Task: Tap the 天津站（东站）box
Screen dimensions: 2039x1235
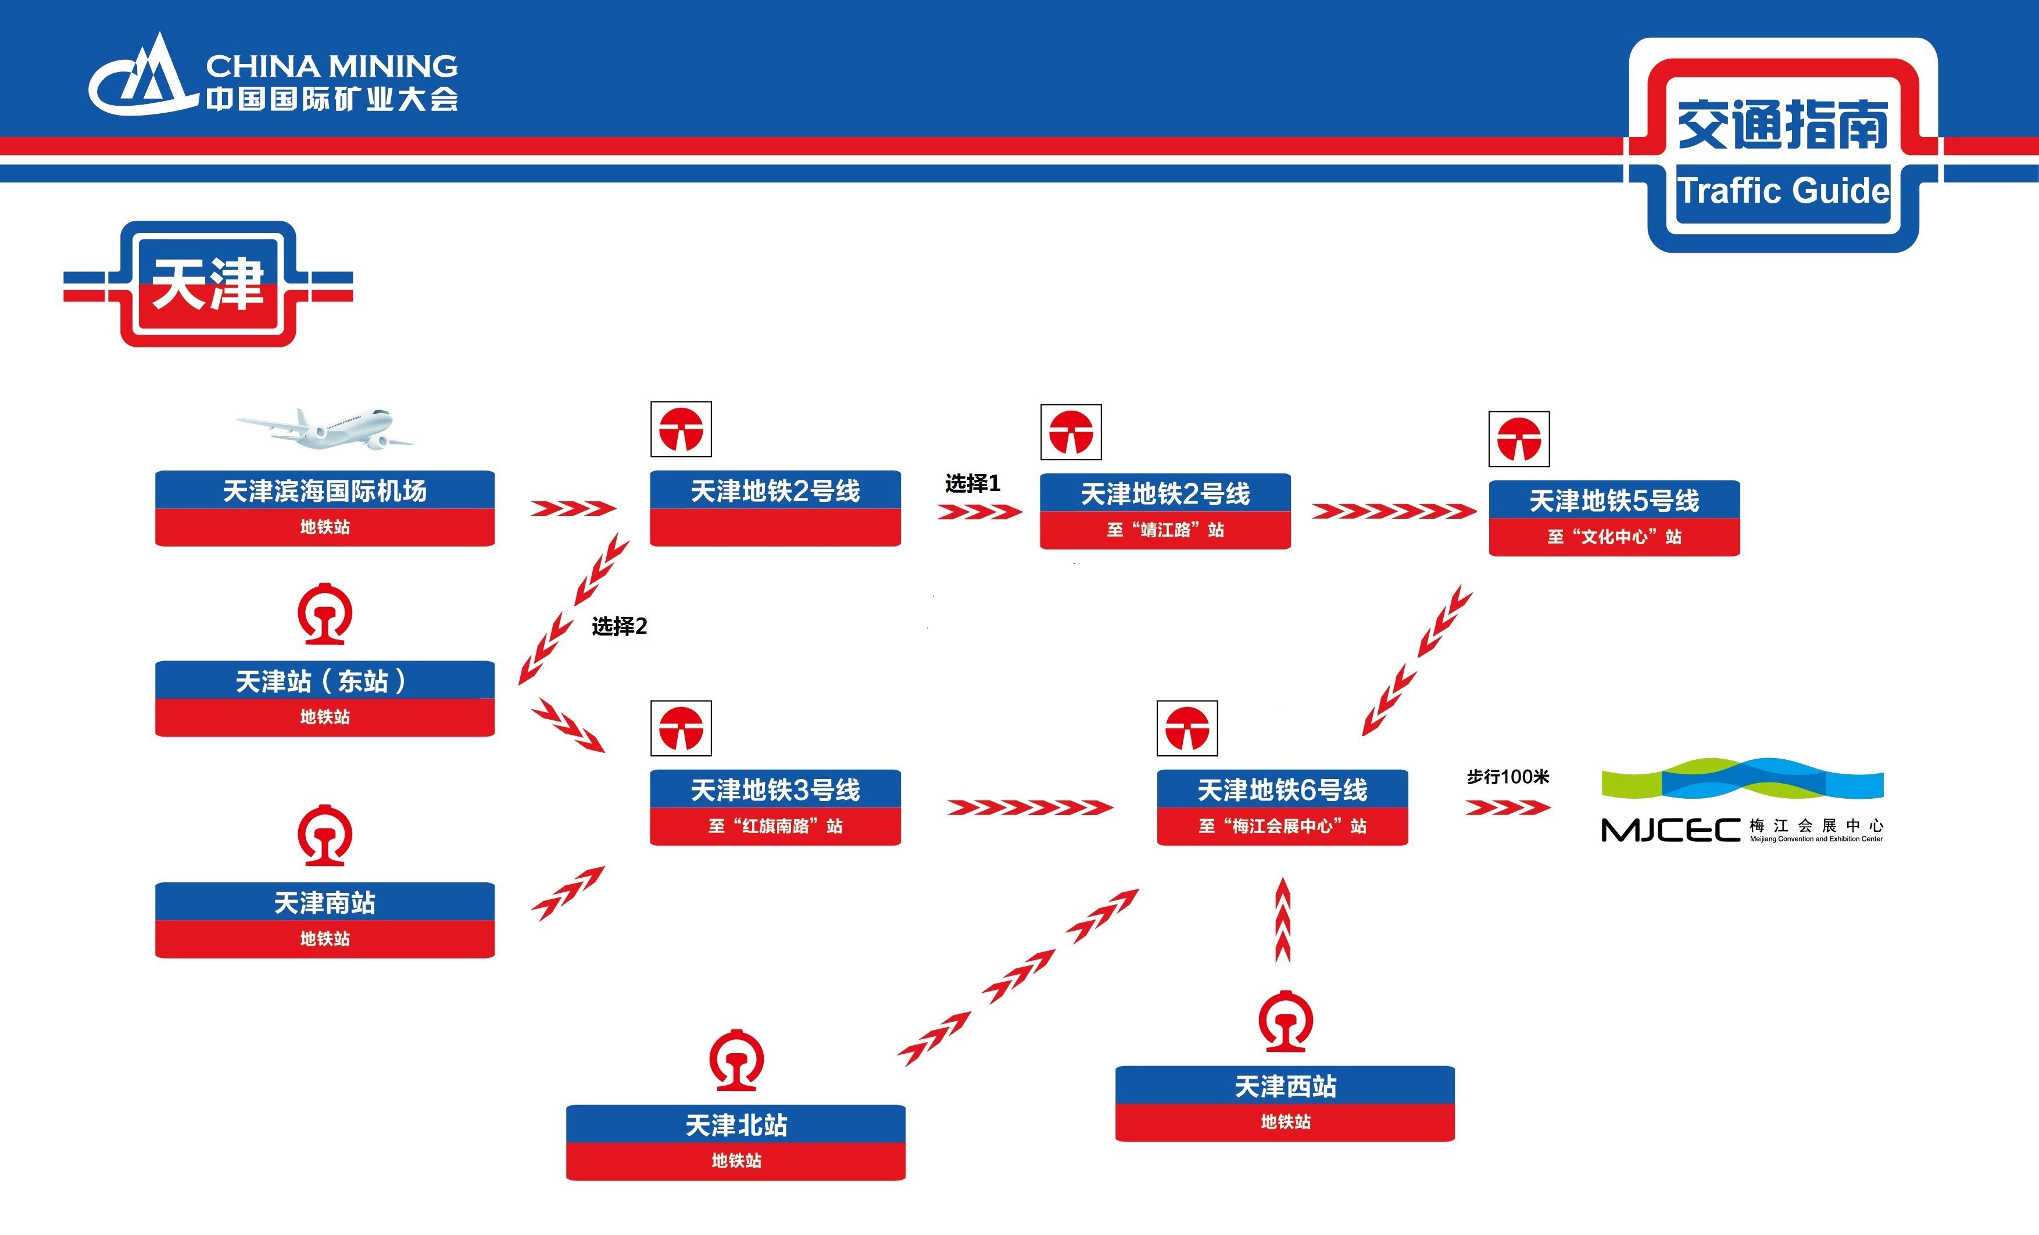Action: pyautogui.click(x=324, y=698)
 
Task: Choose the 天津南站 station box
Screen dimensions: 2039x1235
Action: pyautogui.click(x=324, y=920)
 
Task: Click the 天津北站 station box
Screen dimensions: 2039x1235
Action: pyautogui.click(x=736, y=1143)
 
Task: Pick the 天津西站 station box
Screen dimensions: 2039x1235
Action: pyautogui.click(x=1285, y=1104)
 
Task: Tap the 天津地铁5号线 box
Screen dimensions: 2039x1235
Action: pyautogui.click(x=1615, y=518)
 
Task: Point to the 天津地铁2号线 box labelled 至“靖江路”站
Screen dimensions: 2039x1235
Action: pyautogui.click(x=1165, y=511)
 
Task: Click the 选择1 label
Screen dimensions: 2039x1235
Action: pyautogui.click(x=973, y=483)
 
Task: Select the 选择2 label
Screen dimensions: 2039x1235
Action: pyautogui.click(x=619, y=626)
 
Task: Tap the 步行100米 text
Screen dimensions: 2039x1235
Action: pyautogui.click(x=1508, y=777)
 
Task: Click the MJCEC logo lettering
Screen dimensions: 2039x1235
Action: pyautogui.click(x=1670, y=830)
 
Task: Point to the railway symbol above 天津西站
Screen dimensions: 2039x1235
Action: pyautogui.click(x=1285, y=1021)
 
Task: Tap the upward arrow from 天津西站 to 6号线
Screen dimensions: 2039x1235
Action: pyautogui.click(x=1283, y=919)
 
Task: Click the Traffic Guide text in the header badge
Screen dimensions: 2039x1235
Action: pyautogui.click(x=1783, y=191)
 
